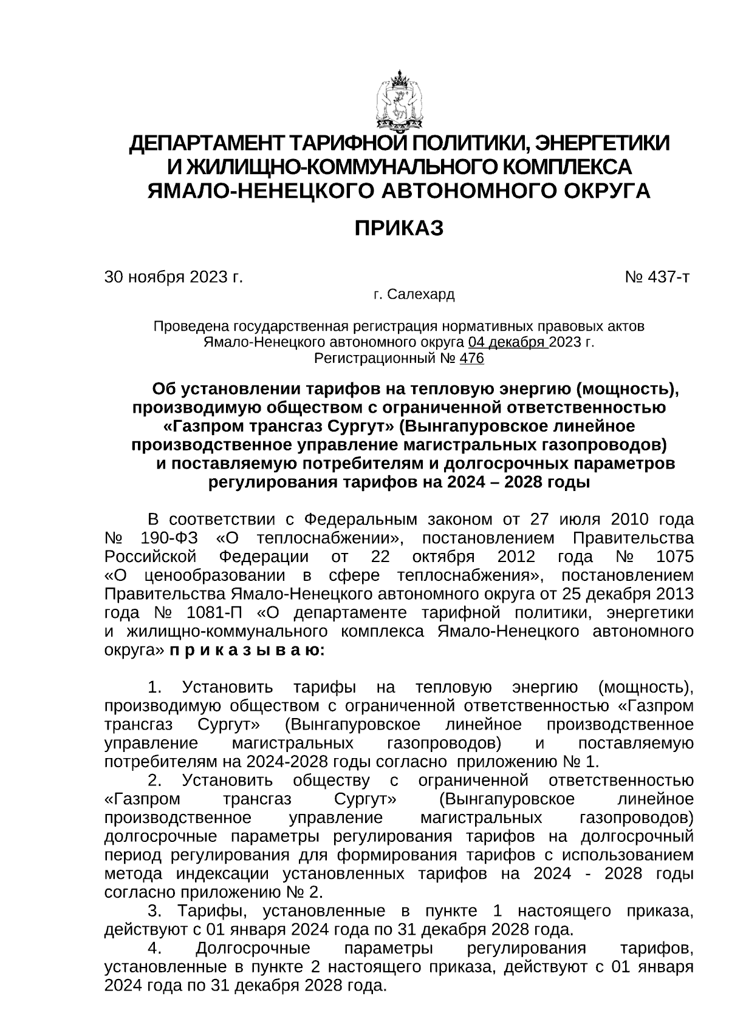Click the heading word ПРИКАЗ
tap(399, 229)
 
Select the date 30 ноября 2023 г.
tap(174, 277)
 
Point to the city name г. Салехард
tap(414, 295)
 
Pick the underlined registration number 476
tap(472, 359)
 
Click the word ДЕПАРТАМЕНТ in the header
tap(206, 144)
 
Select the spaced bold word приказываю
tap(247, 651)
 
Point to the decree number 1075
tap(674, 557)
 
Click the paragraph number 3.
tap(155, 912)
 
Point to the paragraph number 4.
tap(155, 949)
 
